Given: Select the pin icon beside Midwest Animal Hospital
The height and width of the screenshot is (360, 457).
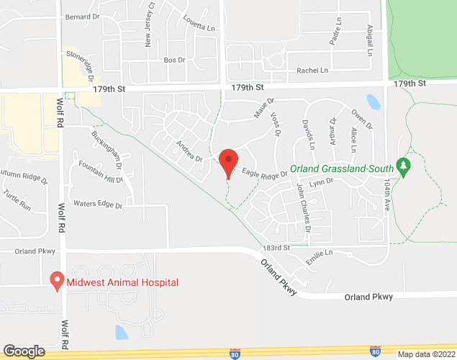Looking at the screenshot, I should [x=55, y=281].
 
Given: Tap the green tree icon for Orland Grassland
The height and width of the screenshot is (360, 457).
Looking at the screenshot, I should [x=404, y=168].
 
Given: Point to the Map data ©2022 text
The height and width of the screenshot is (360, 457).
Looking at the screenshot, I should [x=425, y=354].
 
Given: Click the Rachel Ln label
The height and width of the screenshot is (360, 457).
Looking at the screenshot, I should [x=312, y=71].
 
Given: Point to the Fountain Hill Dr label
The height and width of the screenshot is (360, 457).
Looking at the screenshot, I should [x=101, y=170].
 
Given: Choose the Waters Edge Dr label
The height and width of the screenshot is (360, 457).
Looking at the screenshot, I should [x=98, y=205].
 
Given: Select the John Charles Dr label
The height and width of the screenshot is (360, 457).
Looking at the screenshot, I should [x=304, y=207].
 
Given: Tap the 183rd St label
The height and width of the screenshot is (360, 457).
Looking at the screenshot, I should [x=275, y=247].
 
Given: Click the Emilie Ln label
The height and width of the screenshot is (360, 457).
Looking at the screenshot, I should [x=320, y=253].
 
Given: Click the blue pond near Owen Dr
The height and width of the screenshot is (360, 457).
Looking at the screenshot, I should [x=373, y=101].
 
